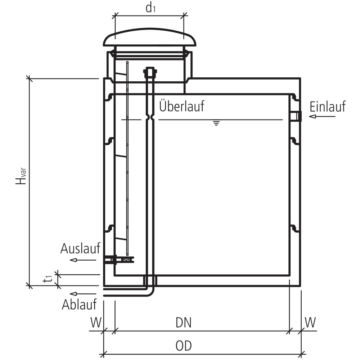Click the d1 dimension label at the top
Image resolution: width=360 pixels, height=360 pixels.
pyautogui.click(x=150, y=8)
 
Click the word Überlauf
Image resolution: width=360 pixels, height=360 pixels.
pyautogui.click(x=181, y=106)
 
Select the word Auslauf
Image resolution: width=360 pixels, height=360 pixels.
pyautogui.click(x=80, y=248)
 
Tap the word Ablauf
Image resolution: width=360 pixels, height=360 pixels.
pyautogui.click(x=79, y=305)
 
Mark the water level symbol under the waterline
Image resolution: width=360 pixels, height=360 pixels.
pyautogui.click(x=216, y=123)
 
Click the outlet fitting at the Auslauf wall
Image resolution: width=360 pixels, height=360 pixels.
pyautogui.click(x=110, y=259)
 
